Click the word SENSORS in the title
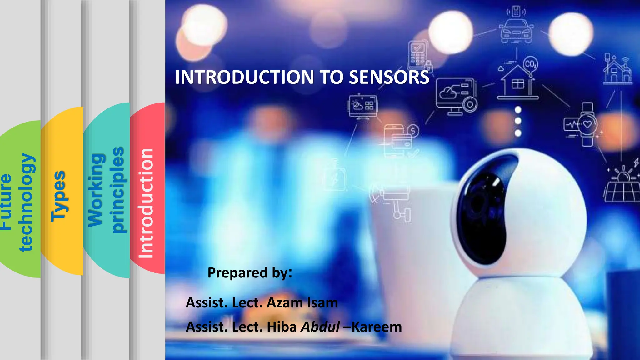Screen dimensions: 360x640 [389, 77]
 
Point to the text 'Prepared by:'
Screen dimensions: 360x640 [250, 272]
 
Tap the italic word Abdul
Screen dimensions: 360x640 [320, 327]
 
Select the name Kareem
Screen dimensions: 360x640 [377, 327]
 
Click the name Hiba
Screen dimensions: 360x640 [282, 327]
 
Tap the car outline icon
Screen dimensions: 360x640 [517, 31]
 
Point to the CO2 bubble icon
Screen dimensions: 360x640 [530, 64]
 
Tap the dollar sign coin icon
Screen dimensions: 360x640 [413, 131]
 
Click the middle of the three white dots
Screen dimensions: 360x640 [518, 121]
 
